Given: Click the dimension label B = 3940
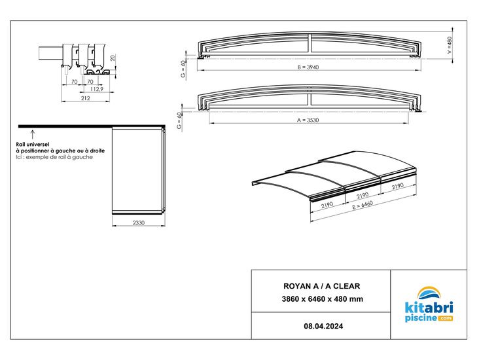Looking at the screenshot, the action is [308, 67].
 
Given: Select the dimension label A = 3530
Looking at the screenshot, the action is [308, 120].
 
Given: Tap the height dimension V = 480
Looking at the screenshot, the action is [449, 45].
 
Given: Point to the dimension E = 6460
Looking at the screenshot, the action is [363, 204].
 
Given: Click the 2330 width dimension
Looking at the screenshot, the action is [138, 223].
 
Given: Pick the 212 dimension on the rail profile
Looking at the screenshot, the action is [86, 98].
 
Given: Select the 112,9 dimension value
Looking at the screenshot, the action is [97, 89].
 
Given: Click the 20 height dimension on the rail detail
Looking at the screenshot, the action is [113, 58].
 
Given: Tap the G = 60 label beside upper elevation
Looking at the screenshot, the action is [183, 69].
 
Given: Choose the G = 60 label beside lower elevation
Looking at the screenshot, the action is [179, 120].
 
